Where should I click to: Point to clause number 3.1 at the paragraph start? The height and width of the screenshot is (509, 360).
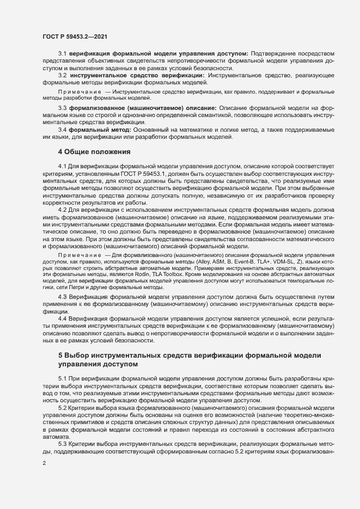tap(62, 53)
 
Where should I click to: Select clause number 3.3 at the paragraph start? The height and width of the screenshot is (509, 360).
tap(62, 108)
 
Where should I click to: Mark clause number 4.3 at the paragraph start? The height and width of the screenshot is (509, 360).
tap(62, 296)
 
